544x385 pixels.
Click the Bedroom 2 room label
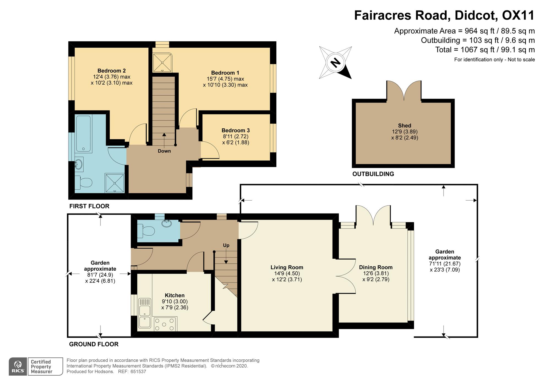[x=111, y=71]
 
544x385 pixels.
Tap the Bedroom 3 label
[x=236, y=130]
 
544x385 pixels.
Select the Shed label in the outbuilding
[x=404, y=126]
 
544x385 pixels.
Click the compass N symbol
[x=335, y=63]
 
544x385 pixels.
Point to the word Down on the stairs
[x=164, y=151]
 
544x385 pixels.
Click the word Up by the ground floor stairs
[x=226, y=245]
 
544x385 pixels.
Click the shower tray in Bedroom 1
[x=162, y=62]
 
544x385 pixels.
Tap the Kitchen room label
[x=175, y=295]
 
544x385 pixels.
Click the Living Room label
[x=287, y=267]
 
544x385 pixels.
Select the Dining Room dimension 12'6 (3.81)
[x=376, y=273]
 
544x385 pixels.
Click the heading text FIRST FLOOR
[x=89, y=206]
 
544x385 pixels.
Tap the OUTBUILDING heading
[x=373, y=174]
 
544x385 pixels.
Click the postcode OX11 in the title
[x=518, y=15]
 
